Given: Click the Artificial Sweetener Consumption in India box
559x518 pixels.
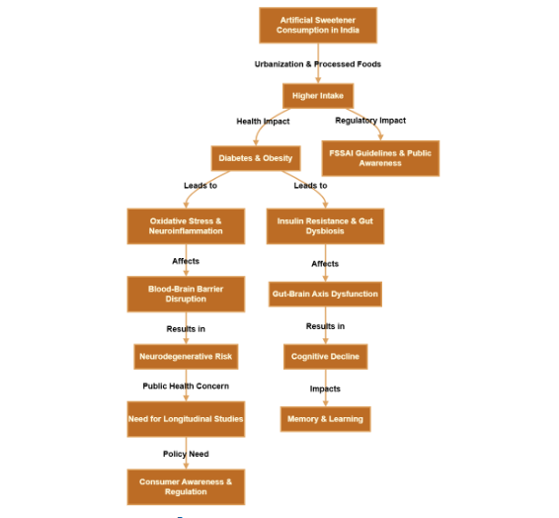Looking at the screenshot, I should [x=318, y=26].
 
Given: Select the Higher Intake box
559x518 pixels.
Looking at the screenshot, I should [x=318, y=96].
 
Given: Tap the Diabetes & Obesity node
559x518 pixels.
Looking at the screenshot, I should [x=255, y=158].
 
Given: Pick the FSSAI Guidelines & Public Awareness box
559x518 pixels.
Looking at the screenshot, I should [x=381, y=158].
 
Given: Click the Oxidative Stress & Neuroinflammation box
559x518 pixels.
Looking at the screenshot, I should [x=186, y=226].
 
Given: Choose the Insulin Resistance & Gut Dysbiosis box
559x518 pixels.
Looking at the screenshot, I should [x=325, y=226].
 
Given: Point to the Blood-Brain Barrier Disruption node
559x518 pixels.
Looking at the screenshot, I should [x=186, y=294].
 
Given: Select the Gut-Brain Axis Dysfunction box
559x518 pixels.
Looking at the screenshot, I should [x=325, y=294].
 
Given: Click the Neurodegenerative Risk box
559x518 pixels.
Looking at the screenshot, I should [x=186, y=356].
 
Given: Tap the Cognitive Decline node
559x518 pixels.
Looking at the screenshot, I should [x=325, y=356].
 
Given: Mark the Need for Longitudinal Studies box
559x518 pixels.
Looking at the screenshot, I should [x=186, y=419].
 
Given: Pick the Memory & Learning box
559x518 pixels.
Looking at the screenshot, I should [x=325, y=419].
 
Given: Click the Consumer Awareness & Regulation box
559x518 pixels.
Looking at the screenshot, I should [x=186, y=486].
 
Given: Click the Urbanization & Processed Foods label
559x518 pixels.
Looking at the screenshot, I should [x=318, y=64].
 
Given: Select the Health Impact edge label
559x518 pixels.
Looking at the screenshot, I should [x=263, y=122].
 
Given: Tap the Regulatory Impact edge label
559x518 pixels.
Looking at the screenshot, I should [x=370, y=121].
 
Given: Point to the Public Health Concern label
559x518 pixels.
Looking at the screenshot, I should [x=186, y=386].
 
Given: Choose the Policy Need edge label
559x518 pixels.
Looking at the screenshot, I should [x=186, y=454].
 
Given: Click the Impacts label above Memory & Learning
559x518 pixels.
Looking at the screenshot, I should [x=325, y=388].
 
